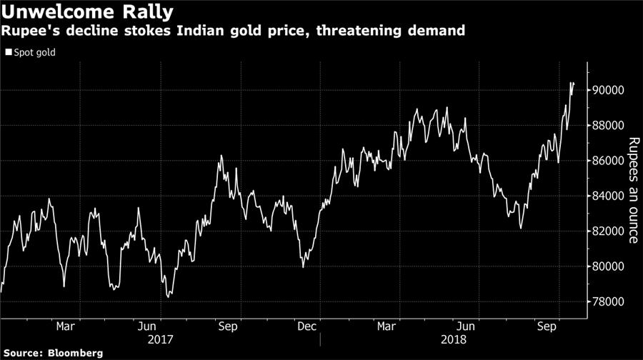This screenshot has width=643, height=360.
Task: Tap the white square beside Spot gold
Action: point(8,52)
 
